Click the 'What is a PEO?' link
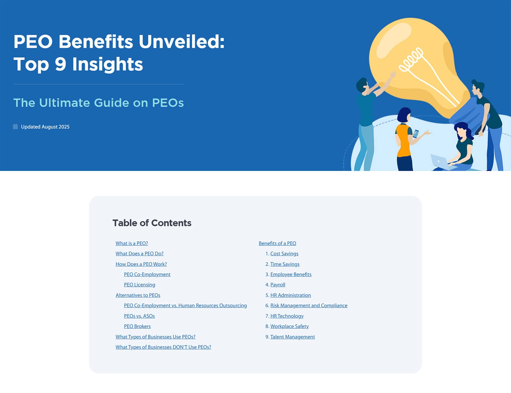click(132, 243)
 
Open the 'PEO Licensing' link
click(139, 285)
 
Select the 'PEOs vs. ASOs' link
click(139, 316)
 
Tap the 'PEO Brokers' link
click(137, 326)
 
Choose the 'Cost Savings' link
click(284, 254)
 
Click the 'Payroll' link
click(278, 285)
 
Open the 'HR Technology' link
click(287, 316)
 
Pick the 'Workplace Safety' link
click(290, 326)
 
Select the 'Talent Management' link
click(293, 337)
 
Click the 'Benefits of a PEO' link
click(278, 243)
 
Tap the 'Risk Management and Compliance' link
click(309, 306)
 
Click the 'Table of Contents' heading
click(152, 223)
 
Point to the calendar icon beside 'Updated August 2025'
click(15, 127)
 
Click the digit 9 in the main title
click(60, 64)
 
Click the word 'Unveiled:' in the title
click(181, 42)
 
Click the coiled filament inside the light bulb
click(411, 59)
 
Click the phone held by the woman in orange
click(416, 134)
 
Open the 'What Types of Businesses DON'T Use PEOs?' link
click(163, 347)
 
